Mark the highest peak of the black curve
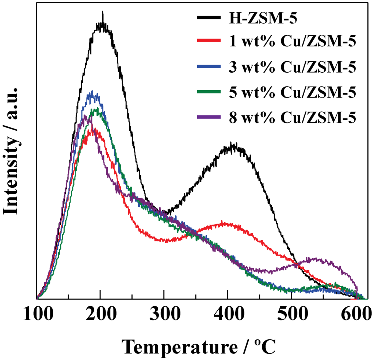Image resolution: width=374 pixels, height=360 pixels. click(103, 13)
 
